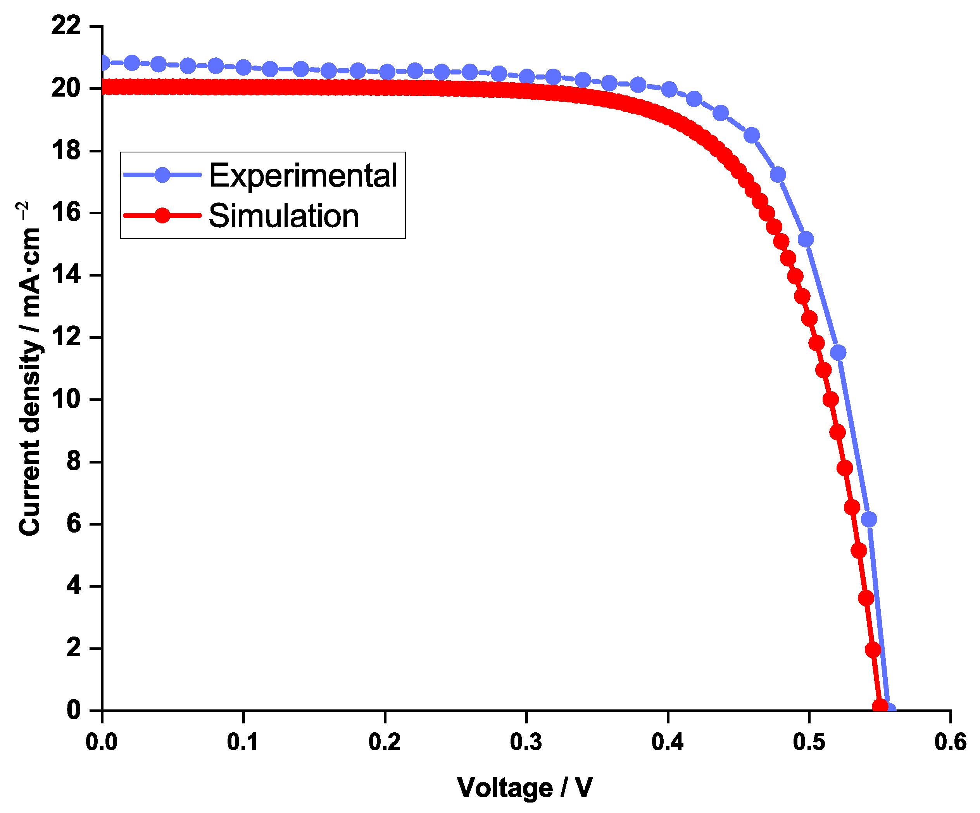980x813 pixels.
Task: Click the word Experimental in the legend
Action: coord(303,176)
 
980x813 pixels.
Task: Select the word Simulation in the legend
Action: coord(284,216)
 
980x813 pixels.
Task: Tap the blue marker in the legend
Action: coord(162,175)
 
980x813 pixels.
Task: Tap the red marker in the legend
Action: coord(162,215)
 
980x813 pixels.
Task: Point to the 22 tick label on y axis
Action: coord(66,25)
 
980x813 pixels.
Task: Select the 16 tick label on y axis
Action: coord(66,213)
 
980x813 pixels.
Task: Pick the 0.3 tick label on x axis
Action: coord(526,742)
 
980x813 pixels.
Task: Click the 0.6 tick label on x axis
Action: coord(950,742)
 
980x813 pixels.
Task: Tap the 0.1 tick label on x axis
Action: coord(243,742)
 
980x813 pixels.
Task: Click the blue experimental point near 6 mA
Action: coord(868,519)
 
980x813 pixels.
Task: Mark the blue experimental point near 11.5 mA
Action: coord(838,353)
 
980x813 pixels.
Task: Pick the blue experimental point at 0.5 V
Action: coord(806,239)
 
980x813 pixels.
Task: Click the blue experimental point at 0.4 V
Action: coord(669,89)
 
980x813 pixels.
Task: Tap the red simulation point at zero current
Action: coord(880,706)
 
